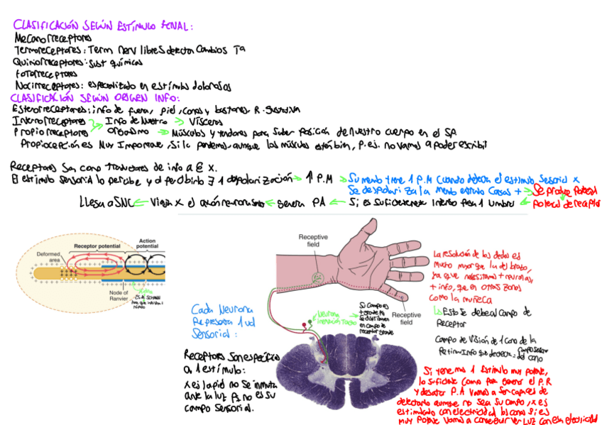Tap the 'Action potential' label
click(x=148, y=244)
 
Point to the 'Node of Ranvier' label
click(x=114, y=294)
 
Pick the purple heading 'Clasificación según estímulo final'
click(x=103, y=26)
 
